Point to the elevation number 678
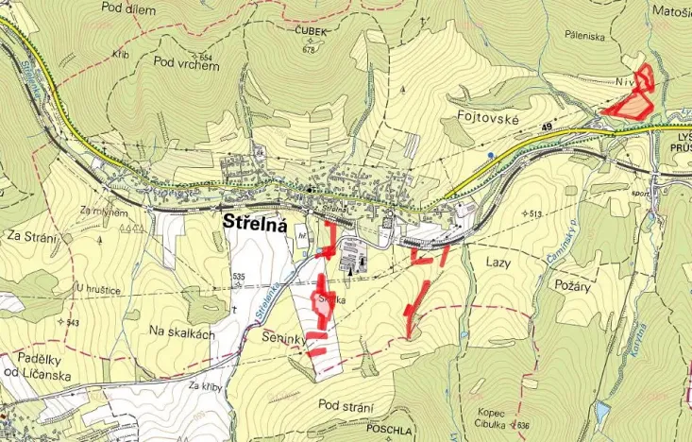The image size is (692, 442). point(309,50)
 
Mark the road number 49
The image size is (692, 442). point(548,126)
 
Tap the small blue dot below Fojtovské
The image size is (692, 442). point(490,153)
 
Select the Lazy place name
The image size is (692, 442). point(498,262)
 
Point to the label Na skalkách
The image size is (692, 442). point(183,333)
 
